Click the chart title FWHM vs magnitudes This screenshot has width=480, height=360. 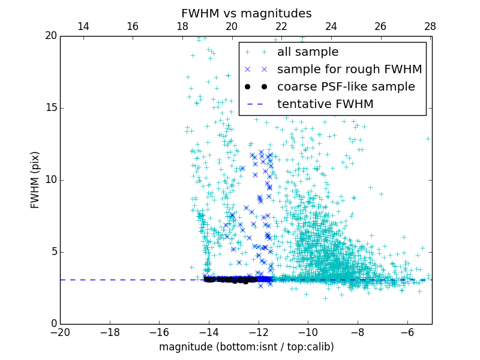tap(246, 13)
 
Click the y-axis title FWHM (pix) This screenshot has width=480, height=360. tap(35, 180)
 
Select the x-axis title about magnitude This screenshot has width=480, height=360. tap(246, 347)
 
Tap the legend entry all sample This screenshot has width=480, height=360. tap(308, 52)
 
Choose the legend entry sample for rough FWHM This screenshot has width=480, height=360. tap(349, 70)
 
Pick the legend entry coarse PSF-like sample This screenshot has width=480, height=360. tap(346, 87)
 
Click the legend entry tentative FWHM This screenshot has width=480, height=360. tap(325, 104)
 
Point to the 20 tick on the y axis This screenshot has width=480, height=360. tap(50, 36)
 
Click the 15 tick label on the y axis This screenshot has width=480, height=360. tap(50, 108)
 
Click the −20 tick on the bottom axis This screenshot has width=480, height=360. tap(60, 332)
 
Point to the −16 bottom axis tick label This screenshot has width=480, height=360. tap(159, 332)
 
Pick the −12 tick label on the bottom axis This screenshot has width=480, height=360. tap(259, 332)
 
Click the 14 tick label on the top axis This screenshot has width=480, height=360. tap(83, 26)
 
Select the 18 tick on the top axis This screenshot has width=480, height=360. tap(182, 26)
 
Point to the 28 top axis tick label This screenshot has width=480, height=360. tap(430, 26)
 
